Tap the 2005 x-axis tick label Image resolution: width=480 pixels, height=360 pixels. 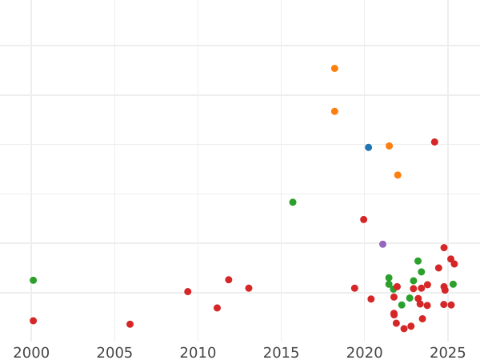(114, 352)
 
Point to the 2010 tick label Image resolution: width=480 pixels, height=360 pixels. (198, 352)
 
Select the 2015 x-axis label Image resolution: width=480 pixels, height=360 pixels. (281, 352)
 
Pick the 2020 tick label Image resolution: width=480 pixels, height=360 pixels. (364, 352)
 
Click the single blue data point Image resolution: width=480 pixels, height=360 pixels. (368, 147)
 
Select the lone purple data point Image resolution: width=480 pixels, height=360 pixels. (382, 244)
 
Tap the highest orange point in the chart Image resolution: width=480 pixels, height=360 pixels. (334, 69)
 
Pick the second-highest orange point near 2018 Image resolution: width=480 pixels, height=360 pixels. (334, 111)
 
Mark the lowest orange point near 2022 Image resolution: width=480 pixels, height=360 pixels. (398, 175)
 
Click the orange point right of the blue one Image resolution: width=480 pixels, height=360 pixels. (389, 146)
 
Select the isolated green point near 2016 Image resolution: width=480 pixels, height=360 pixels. (293, 202)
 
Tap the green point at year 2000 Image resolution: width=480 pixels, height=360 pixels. (33, 280)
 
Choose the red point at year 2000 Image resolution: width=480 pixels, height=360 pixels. (33, 321)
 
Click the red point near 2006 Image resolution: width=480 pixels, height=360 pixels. (130, 324)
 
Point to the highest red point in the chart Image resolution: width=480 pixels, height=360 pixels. (434, 142)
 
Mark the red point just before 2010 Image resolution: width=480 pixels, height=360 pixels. (188, 292)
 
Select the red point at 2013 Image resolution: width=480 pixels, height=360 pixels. (249, 288)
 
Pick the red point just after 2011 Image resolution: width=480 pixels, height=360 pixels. (217, 308)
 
